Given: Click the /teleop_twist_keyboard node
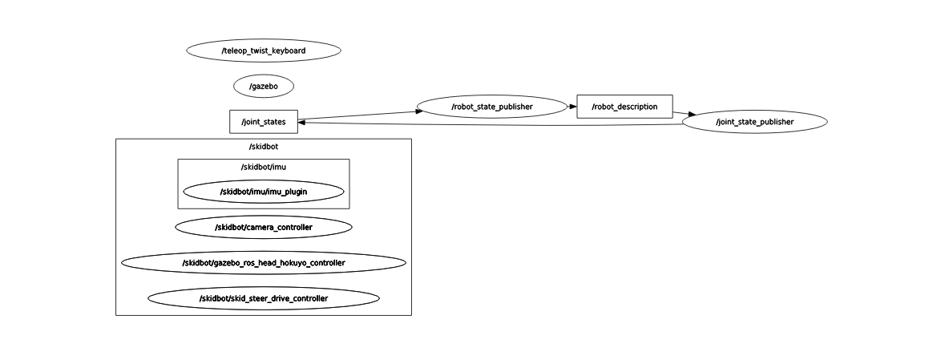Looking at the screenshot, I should click(x=263, y=51).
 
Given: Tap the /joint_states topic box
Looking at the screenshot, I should click(x=263, y=122).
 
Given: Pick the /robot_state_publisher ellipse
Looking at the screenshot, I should click(x=492, y=106).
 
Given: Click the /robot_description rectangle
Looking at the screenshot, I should click(x=624, y=106).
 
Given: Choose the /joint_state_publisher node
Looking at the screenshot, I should click(x=754, y=122).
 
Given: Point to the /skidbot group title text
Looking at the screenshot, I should click(x=263, y=147).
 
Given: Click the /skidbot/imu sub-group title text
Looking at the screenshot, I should click(x=263, y=167).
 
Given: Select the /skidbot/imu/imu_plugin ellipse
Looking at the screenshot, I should click(x=263, y=192).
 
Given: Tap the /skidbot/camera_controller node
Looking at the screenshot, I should click(x=263, y=228).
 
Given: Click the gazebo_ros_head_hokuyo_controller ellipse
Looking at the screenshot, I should click(x=263, y=263).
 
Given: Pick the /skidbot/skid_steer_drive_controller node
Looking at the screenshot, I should click(x=263, y=298).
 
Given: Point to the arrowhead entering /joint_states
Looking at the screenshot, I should click(x=302, y=122).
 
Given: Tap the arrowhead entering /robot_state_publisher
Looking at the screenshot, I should click(x=419, y=111).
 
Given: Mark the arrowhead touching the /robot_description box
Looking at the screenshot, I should click(x=572, y=106).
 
